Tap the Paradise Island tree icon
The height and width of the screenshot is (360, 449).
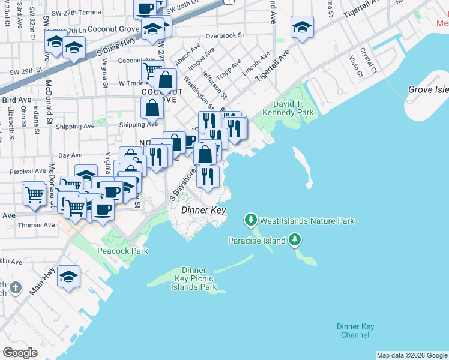(x=294, y=241)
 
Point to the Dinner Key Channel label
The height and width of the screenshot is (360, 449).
(x=355, y=331)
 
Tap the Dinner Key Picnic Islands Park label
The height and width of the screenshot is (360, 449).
(x=191, y=278)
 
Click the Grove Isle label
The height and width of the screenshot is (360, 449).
(x=428, y=89)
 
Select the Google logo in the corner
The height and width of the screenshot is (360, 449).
(x=20, y=352)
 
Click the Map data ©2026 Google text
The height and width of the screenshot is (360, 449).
(x=412, y=355)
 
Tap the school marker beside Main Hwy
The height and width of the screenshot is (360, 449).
(x=69, y=277)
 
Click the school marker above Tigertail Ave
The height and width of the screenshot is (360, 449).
(x=302, y=28)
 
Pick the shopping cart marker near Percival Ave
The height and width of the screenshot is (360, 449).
(x=34, y=194)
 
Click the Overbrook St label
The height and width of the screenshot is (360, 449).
(x=224, y=35)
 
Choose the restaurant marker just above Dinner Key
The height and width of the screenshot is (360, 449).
(x=208, y=176)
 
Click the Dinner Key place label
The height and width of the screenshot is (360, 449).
(x=203, y=210)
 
